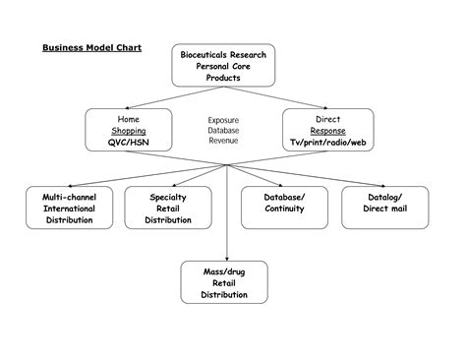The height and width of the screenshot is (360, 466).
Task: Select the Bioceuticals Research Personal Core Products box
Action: pos(223,65)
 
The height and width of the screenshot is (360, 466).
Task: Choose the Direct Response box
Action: pos(327,131)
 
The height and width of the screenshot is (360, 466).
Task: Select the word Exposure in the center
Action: pos(223,120)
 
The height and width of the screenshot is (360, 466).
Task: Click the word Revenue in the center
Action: pos(223,142)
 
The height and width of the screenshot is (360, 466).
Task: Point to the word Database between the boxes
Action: pos(223,131)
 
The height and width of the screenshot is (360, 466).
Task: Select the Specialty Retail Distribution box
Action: pos(162,209)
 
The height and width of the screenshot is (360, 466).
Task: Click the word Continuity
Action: pos(284,210)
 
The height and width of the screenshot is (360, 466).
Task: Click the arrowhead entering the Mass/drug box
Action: pos(227,257)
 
